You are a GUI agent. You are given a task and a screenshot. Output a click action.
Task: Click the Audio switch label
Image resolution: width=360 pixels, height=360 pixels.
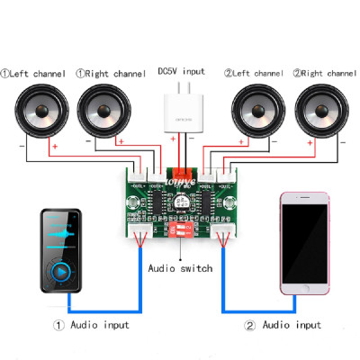pos(179,268)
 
